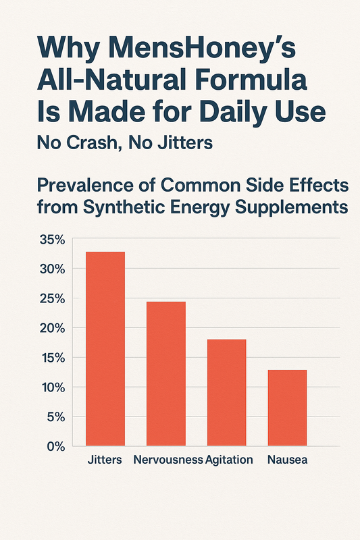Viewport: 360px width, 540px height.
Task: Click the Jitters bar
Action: tap(105, 348)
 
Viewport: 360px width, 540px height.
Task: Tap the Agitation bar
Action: tap(226, 392)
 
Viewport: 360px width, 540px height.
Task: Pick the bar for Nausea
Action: tap(287, 408)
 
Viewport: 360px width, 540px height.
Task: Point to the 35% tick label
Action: tap(51, 240)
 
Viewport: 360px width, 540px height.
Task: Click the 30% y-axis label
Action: tap(51, 269)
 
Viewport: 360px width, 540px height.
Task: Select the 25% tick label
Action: tap(51, 298)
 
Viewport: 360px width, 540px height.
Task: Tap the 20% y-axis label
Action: tap(51, 328)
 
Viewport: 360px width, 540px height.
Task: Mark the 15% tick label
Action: tap(51, 358)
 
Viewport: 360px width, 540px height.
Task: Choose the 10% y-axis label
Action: tap(51, 387)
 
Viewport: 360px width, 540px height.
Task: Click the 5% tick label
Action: tap(55, 417)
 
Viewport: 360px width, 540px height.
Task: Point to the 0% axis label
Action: tap(55, 446)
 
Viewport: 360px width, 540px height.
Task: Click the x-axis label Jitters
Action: tap(105, 460)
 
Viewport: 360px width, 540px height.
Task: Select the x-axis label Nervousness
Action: tap(168, 460)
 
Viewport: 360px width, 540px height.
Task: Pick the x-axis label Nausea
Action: tap(287, 460)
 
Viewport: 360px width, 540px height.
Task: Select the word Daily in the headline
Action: tap(229, 112)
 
